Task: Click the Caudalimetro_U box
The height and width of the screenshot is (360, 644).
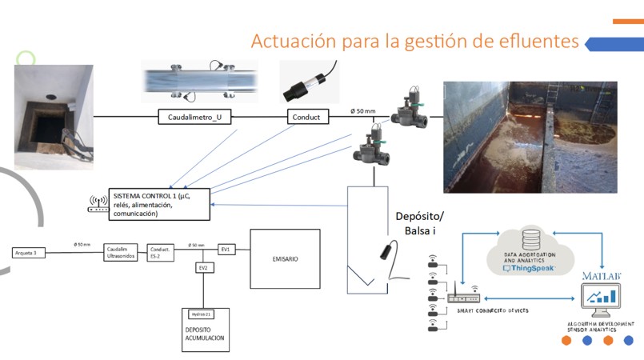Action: click(x=195, y=118)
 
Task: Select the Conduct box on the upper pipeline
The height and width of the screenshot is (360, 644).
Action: click(x=307, y=118)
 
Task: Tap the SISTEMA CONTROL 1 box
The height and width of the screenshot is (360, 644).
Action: click(x=158, y=205)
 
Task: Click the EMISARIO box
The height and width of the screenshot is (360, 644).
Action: click(x=285, y=258)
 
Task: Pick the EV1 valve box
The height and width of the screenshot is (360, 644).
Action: click(x=226, y=250)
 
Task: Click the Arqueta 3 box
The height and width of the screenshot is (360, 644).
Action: click(x=30, y=252)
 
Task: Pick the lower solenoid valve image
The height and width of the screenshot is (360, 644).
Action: click(x=370, y=152)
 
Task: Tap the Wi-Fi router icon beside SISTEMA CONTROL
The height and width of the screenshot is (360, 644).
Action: click(x=98, y=206)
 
